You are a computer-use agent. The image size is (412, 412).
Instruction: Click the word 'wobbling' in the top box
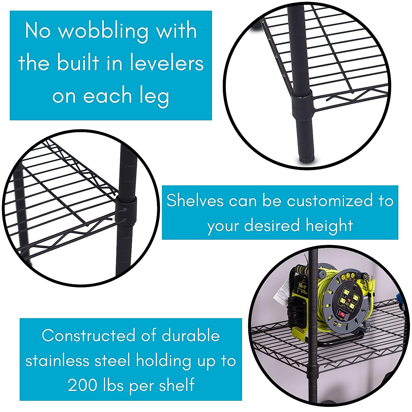(x=103, y=32)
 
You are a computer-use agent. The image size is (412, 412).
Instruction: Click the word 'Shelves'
(x=195, y=201)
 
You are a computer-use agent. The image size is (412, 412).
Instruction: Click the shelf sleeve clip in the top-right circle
(x=302, y=103)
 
